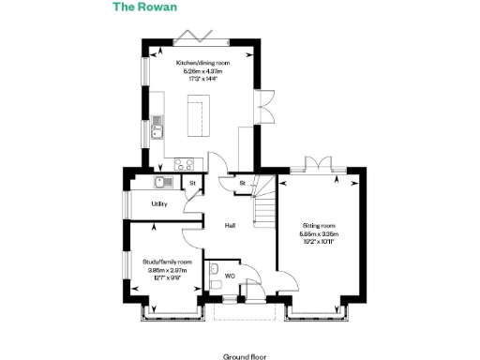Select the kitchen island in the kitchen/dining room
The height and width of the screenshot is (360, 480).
pos(198,117)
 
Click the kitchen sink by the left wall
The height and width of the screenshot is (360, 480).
pos(157,125)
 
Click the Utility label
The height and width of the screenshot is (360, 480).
pos(158,204)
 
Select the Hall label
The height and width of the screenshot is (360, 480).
pos(229,226)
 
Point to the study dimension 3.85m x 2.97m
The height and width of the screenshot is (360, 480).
pos(168,270)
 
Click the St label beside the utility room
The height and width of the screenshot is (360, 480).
pos(193,183)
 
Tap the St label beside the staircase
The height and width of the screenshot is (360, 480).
pos(241,182)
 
